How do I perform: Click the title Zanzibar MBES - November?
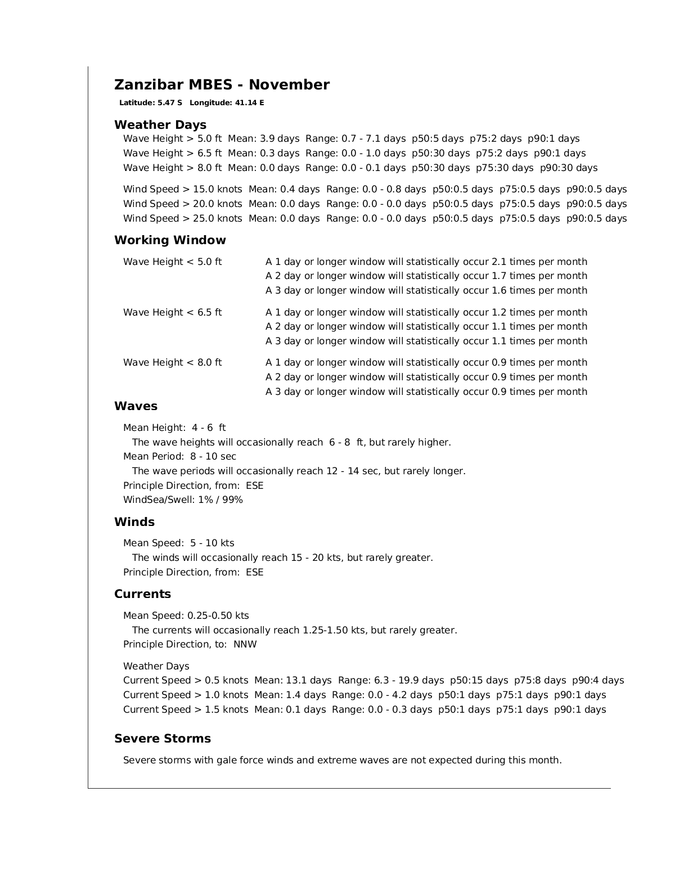point(222,85)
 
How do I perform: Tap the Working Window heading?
point(170,240)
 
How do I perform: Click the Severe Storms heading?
point(163,739)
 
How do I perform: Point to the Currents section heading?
point(142,594)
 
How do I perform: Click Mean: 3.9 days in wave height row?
point(263,139)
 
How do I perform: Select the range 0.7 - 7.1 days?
point(373,139)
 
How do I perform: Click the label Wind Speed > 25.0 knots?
point(183,218)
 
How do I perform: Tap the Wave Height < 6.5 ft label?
point(173,312)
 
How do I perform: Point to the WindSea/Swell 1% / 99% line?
point(183,500)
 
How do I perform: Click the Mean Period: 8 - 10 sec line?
point(179,456)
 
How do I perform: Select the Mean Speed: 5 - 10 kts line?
point(179,543)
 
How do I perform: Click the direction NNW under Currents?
point(245,644)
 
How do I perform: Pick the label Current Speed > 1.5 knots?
point(186,709)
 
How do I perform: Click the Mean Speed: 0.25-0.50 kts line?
point(186,615)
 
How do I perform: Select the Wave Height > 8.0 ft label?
point(173,168)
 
